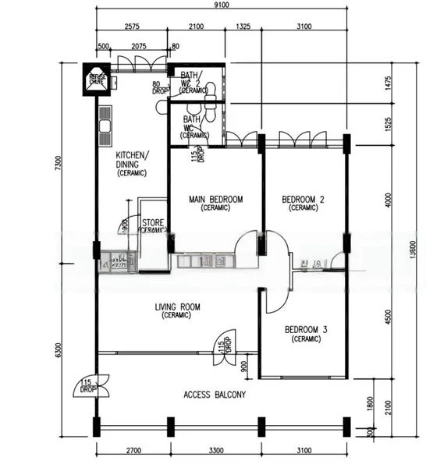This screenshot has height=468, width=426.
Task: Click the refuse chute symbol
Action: [97, 79]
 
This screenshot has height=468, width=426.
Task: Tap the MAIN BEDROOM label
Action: [215, 204]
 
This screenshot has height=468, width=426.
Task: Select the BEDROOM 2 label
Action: [304, 204]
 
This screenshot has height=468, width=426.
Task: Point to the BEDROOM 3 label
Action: [305, 334]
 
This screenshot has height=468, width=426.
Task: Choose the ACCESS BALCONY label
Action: [215, 395]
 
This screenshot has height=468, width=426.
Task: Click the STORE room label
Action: [153, 226]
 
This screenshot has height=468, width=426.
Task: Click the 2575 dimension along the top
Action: [131, 27]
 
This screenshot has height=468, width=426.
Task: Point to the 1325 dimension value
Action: [243, 27]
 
